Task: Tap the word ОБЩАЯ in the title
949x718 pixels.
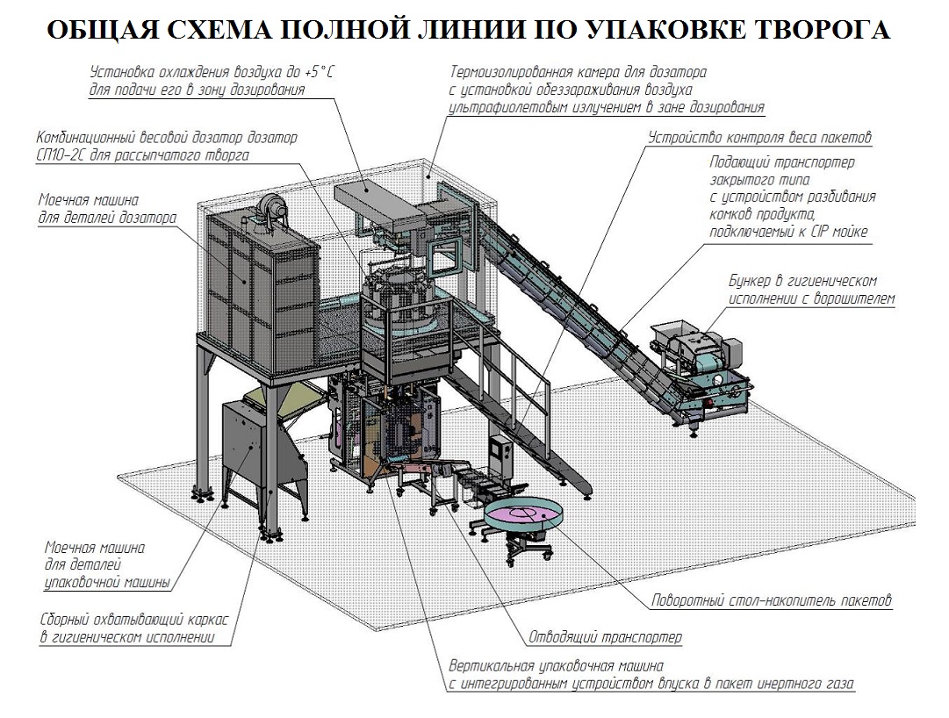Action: (x=102, y=31)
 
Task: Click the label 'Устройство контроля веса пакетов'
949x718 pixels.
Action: (x=759, y=138)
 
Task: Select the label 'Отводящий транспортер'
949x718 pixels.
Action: (x=605, y=636)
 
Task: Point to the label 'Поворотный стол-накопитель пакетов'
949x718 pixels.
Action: (x=772, y=602)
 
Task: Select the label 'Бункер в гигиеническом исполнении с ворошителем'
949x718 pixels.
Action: (x=812, y=290)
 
